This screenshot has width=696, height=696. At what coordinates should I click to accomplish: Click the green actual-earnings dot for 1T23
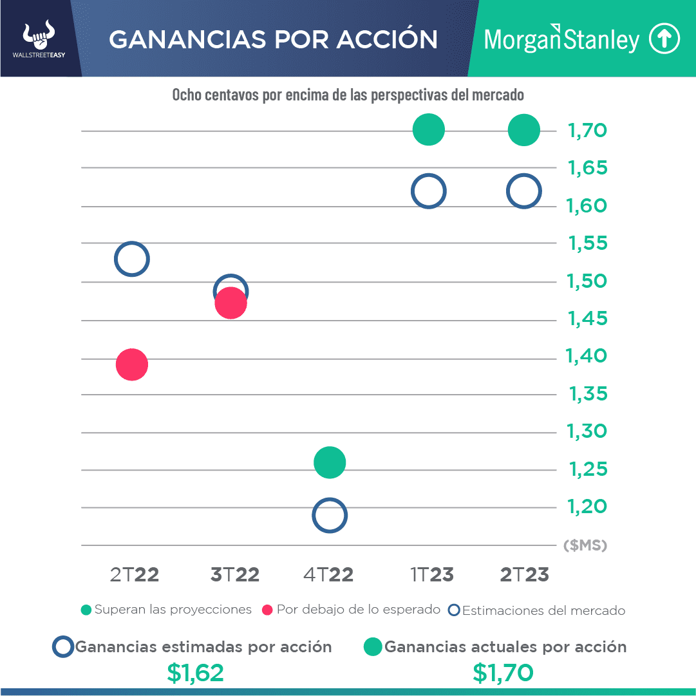click(429, 130)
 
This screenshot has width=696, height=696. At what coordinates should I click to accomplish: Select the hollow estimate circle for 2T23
click(523, 191)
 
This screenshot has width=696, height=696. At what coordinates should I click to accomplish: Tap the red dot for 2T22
click(132, 365)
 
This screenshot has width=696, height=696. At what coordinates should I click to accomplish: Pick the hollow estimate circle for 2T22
click(132, 259)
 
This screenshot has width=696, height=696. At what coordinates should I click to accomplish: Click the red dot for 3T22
click(230, 303)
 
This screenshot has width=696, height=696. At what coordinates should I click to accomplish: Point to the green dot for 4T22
click(330, 462)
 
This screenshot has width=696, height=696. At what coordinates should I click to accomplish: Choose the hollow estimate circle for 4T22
click(330, 515)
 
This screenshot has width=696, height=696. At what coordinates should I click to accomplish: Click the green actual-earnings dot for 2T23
click(523, 130)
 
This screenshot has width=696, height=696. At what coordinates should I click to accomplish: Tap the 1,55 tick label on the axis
click(588, 244)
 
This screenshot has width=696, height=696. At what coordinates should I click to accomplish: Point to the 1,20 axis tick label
click(587, 507)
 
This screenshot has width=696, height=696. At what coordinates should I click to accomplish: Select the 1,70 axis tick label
click(587, 131)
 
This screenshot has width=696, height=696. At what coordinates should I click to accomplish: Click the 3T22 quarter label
click(235, 575)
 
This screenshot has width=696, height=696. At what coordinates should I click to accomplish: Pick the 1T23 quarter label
click(432, 575)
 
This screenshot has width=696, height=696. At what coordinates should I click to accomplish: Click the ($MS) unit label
click(585, 546)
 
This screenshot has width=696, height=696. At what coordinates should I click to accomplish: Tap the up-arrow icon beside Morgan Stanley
click(664, 39)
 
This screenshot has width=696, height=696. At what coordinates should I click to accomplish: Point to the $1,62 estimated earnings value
click(195, 673)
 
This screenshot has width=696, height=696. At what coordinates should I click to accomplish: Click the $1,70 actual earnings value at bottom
click(503, 673)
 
